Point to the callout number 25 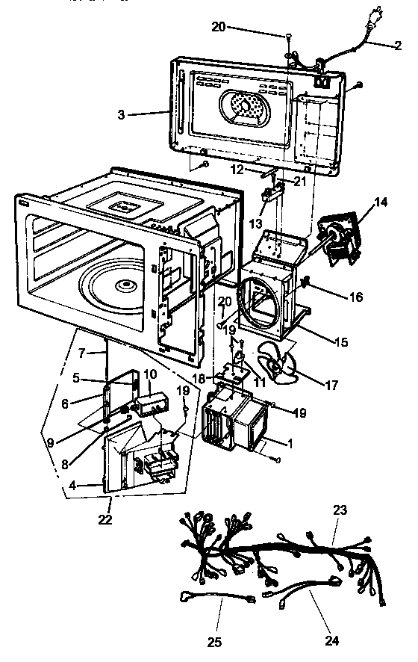216,641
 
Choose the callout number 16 355,297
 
